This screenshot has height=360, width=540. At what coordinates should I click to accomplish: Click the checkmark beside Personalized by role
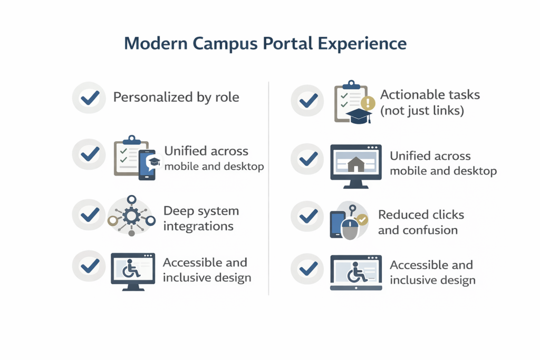pyautogui.click(x=90, y=98)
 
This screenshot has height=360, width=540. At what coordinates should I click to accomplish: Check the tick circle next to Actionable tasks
pyautogui.click(x=307, y=101)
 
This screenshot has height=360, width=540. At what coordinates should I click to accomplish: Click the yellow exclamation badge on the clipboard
pyautogui.click(x=368, y=103)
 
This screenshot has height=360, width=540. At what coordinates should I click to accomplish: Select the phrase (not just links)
pyautogui.click(x=422, y=111)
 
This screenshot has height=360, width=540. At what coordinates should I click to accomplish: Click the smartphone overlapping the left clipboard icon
pyautogui.click(x=147, y=165)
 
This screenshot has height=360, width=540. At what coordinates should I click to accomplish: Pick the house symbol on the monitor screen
pyautogui.click(x=356, y=164)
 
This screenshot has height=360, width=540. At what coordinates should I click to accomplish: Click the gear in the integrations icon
pyautogui.click(x=131, y=216)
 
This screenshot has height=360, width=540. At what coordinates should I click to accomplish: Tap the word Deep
pyautogui.click(x=176, y=211)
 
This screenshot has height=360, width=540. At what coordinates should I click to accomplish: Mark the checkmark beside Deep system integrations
pyautogui.click(x=90, y=215)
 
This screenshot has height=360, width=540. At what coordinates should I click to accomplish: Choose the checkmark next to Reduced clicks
pyautogui.click(x=308, y=217)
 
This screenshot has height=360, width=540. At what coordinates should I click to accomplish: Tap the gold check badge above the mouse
pyautogui.click(x=362, y=220)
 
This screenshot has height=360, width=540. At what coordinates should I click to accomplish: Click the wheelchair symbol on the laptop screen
pyautogui.click(x=356, y=273)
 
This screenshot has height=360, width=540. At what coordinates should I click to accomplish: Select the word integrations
pyautogui.click(x=198, y=227)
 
